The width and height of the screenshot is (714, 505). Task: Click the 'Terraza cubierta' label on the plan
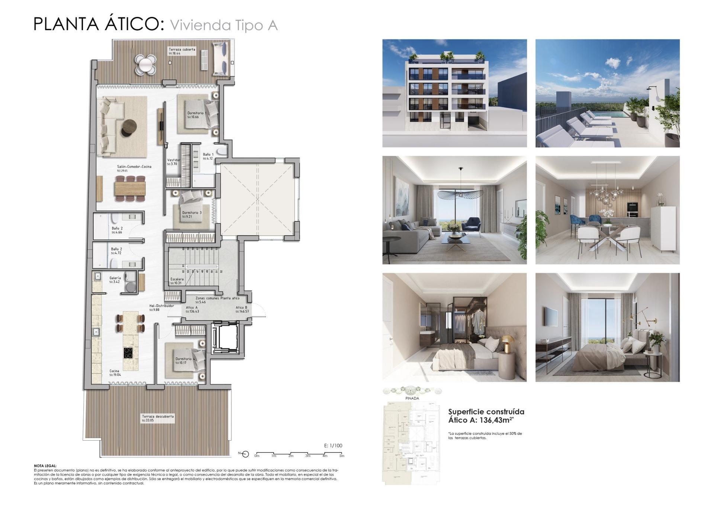[x=182, y=49]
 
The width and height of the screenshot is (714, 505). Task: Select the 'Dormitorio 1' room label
[x=197, y=113]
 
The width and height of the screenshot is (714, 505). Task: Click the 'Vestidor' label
[x=174, y=160]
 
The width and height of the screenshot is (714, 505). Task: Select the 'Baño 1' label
[x=208, y=154]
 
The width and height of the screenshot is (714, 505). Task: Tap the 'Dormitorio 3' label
[x=192, y=213]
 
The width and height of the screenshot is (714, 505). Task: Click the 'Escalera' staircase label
[x=177, y=279]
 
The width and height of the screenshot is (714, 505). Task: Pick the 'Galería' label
[x=115, y=278]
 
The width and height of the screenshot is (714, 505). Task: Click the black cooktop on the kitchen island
[x=128, y=352]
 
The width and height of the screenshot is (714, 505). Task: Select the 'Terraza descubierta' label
[x=158, y=416]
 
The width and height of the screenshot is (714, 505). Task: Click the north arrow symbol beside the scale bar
[x=245, y=454]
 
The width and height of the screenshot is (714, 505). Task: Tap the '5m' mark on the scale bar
[x=341, y=456]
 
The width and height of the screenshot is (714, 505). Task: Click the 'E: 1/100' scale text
[x=333, y=445]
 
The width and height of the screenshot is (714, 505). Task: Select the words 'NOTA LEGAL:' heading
[x=45, y=466]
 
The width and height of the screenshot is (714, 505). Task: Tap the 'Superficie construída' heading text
[x=486, y=412]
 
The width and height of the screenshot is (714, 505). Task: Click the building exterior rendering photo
[x=454, y=93]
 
